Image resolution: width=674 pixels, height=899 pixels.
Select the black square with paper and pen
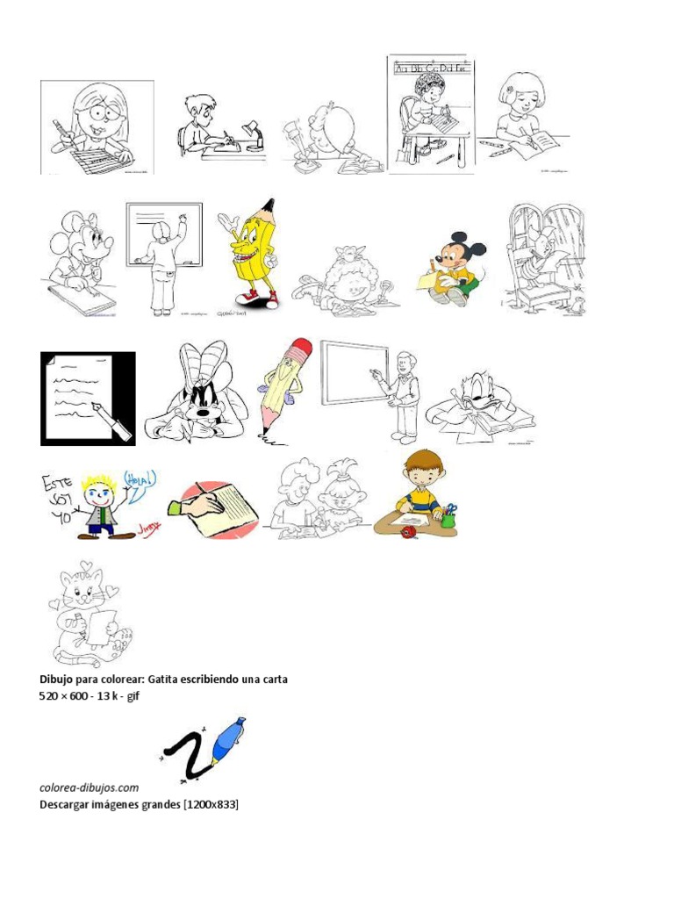pyautogui.click(x=88, y=399)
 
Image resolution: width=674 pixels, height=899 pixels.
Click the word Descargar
pyautogui.click(x=67, y=803)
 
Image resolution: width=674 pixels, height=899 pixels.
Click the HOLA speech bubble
pyautogui.click(x=140, y=483)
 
